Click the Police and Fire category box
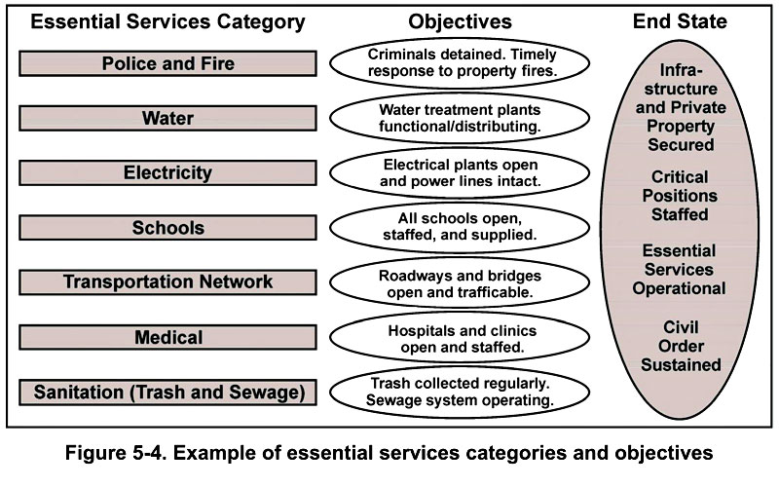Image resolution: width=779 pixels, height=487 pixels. (167, 63)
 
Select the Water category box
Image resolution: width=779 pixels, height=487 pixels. (167, 119)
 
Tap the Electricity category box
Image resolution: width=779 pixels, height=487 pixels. (167, 173)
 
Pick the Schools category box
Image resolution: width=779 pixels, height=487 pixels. (167, 228)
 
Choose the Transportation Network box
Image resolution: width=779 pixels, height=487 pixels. (167, 282)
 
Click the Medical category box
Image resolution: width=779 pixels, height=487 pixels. (167, 338)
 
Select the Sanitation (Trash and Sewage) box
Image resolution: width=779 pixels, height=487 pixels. (167, 393)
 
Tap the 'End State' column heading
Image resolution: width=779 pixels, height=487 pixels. (680, 21)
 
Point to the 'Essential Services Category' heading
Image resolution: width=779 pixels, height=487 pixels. (168, 21)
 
